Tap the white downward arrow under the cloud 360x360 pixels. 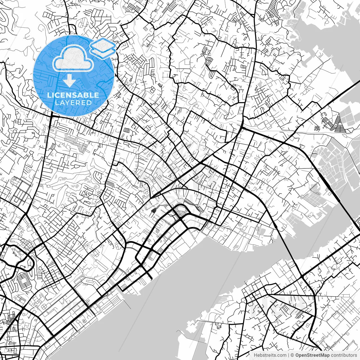[x=69, y=80]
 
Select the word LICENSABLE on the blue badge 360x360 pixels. [x=73, y=95]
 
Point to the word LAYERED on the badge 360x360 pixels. [x=73, y=103]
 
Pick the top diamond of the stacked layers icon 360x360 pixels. [x=103, y=44]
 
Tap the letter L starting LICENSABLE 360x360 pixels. [x=49, y=95]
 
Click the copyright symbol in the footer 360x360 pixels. [x=292, y=355]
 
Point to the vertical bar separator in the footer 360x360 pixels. [x=289, y=355]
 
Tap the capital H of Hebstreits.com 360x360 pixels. [x=255, y=355]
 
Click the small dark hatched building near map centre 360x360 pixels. [x=153, y=210]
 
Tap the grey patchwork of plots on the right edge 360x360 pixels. [x=337, y=166]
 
